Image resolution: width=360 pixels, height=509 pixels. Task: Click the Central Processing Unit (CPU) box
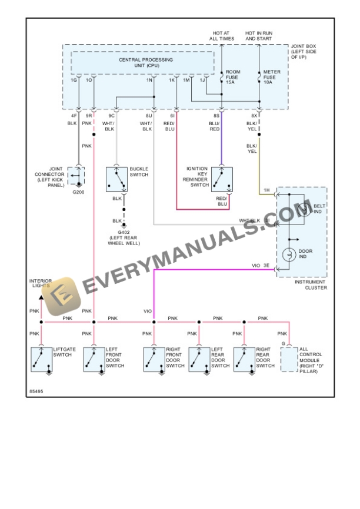(142, 63)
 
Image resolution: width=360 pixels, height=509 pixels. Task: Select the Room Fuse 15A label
(233, 76)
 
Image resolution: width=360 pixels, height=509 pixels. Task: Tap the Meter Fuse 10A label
(271, 76)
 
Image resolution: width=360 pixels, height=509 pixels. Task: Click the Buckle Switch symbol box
(117, 179)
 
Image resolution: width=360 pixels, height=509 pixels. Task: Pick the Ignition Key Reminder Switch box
(222, 179)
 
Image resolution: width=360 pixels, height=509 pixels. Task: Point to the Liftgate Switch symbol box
(41, 359)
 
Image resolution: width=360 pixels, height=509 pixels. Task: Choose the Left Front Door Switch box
(94, 359)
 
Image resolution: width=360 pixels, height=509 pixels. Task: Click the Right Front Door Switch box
(154, 359)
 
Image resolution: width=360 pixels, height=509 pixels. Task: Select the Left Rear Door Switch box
(199, 359)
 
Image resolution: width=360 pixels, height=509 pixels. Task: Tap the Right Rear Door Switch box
(244, 359)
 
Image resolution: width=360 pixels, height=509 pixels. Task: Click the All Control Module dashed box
(289, 359)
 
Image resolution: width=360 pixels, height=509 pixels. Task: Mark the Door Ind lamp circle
(289, 254)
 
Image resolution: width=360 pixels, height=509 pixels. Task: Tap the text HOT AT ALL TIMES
(222, 36)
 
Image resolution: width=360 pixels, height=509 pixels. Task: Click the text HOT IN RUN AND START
(259, 36)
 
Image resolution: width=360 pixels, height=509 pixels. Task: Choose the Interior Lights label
(41, 284)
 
